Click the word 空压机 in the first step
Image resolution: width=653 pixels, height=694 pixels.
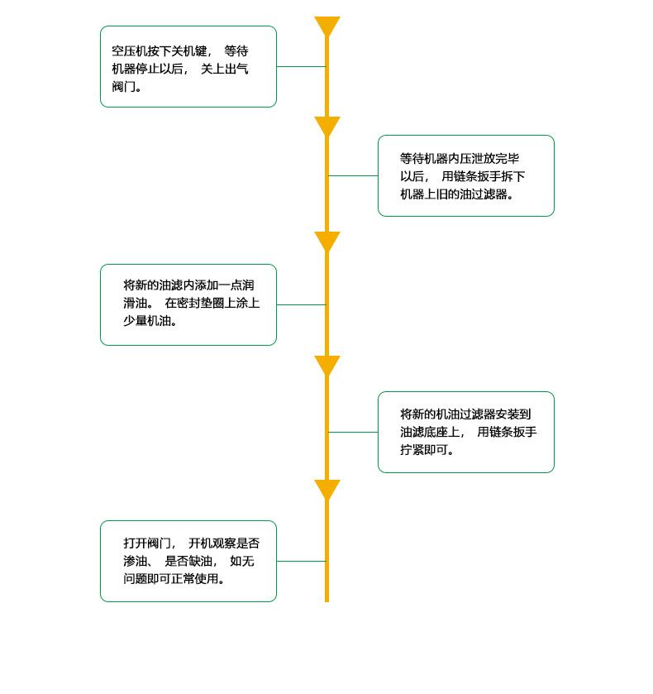[x=129, y=51]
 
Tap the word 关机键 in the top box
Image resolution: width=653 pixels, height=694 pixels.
[x=189, y=51]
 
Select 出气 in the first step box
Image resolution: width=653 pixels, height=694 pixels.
[x=236, y=69]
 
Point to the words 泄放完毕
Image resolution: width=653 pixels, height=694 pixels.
[x=495, y=159]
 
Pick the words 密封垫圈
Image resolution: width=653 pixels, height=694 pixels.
[x=200, y=304]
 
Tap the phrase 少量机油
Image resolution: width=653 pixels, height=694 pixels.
[x=147, y=321]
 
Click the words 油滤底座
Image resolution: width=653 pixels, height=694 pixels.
[x=424, y=432]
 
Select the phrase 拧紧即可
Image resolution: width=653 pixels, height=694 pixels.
[x=424, y=450]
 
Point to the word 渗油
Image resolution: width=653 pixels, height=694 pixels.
[x=136, y=561]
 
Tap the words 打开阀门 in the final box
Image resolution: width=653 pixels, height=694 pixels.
[x=147, y=543]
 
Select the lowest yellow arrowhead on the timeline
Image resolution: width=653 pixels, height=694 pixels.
[x=327, y=489]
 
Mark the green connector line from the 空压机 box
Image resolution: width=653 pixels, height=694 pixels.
[x=301, y=67]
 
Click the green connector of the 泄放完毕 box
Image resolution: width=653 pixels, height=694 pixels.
[x=353, y=175]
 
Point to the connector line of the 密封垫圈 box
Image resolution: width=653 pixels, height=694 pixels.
[x=301, y=305]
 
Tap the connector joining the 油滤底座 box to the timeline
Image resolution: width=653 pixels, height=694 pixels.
[x=353, y=432]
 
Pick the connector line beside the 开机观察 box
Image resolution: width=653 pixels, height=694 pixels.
[x=301, y=561]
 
